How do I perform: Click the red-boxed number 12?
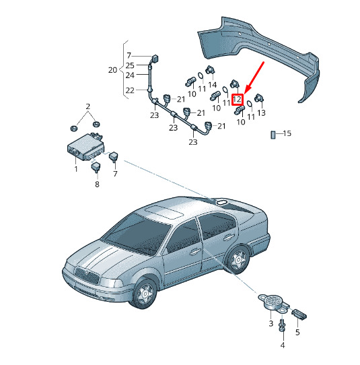pyautogui.click(x=238, y=100)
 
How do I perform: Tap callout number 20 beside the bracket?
pyautogui.click(x=113, y=70)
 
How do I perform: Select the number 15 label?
pyautogui.click(x=287, y=133)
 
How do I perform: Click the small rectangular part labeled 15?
pyautogui.click(x=273, y=135)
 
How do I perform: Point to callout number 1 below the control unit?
pyautogui.click(x=76, y=169)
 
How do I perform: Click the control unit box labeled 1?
pyautogui.click(x=85, y=147)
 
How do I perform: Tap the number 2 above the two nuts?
pyautogui.click(x=88, y=106)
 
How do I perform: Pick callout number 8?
pyautogui.click(x=97, y=185)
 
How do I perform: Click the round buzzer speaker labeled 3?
pyautogui.click(x=273, y=302)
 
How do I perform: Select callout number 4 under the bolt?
pyautogui.click(x=283, y=345)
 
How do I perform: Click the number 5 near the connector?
pyautogui.click(x=297, y=332)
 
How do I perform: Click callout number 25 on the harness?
pyautogui.click(x=130, y=65)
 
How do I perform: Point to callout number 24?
pyautogui.click(x=130, y=75)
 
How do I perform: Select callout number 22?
pyautogui.click(x=130, y=90)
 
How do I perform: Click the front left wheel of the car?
pyautogui.click(x=144, y=294)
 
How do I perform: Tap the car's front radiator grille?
pyautogui.click(x=87, y=275)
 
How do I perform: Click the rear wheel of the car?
pyautogui.click(x=238, y=259)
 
